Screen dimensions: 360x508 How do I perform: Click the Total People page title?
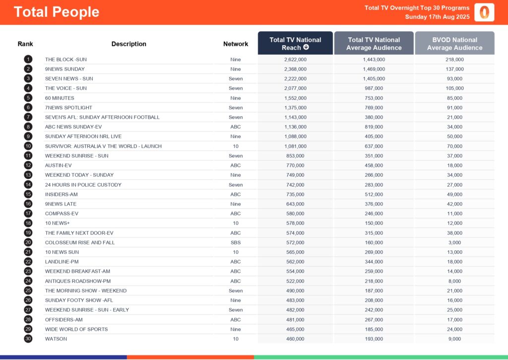point(57,12)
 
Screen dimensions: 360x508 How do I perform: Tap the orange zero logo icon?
point(484,12)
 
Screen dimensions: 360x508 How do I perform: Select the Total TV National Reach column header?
point(295,43)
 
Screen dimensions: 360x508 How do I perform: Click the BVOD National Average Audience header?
point(454,43)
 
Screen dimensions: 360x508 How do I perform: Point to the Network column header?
point(236,44)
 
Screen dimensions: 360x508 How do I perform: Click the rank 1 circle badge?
point(28,60)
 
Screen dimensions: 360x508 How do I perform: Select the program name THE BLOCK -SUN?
point(65,60)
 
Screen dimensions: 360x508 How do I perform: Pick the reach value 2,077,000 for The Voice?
point(295,88)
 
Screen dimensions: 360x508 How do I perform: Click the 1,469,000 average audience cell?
point(374,69)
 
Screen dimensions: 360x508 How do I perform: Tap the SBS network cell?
point(236,242)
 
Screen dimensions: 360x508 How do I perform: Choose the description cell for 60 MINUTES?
point(60,98)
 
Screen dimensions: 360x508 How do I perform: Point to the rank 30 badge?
point(28,339)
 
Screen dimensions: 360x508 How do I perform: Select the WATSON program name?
point(56,339)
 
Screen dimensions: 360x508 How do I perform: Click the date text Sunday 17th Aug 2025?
point(437,16)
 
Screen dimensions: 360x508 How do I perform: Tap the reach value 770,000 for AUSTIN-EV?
point(295,165)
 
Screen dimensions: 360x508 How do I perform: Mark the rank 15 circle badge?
point(28,194)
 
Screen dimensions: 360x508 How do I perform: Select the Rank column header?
point(25,44)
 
